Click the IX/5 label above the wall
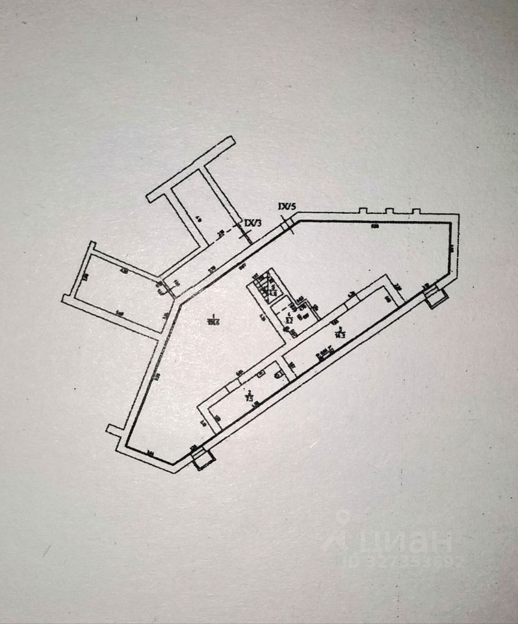point(287,207)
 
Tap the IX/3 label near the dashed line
point(253,223)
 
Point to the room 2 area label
point(250,395)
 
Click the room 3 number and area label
point(339,332)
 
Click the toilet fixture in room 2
point(278,373)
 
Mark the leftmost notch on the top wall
point(362,211)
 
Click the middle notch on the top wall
point(389,211)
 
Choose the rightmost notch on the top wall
point(417,211)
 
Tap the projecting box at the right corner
point(435,296)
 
